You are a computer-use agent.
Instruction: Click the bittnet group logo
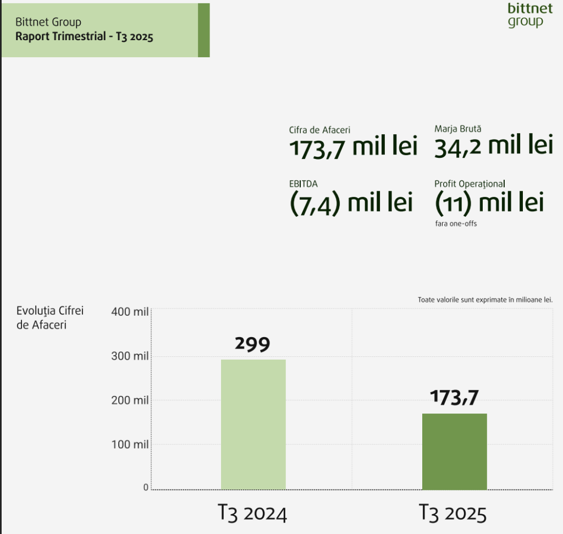point(526,15)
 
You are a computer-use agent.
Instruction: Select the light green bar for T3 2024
point(253,424)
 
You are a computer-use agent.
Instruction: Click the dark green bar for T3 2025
point(454,451)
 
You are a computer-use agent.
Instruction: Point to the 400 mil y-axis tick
point(130,312)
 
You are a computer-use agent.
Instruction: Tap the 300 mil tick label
point(130,356)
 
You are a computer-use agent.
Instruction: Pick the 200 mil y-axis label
point(130,400)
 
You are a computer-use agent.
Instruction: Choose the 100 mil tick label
point(130,444)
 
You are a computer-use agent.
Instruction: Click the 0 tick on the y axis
point(146,487)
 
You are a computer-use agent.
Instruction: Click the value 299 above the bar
point(253,344)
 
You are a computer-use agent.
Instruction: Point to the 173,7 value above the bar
point(454,397)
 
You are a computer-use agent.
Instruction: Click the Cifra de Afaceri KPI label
point(319,130)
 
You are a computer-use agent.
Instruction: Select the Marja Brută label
point(457,128)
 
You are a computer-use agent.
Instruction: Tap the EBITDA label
point(303,184)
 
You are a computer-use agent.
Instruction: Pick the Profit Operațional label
point(469,184)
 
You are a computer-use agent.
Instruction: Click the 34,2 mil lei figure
point(493,147)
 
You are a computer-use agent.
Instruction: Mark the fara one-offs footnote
point(456,224)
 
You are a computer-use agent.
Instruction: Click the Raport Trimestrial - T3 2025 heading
point(84,37)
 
